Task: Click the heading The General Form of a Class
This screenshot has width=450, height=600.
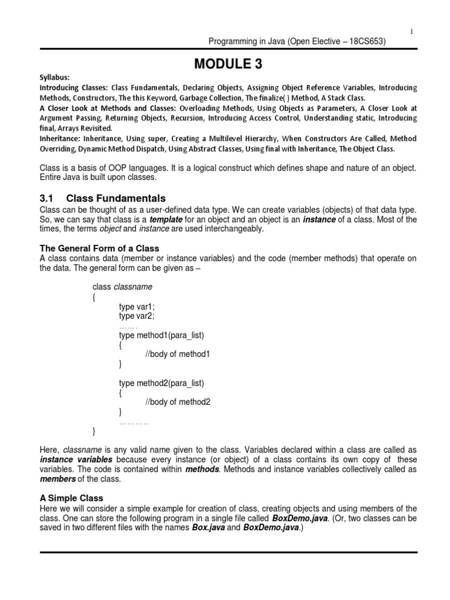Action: (x=99, y=248)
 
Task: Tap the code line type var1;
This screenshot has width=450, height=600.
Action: (x=137, y=306)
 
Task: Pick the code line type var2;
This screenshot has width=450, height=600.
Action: (x=137, y=316)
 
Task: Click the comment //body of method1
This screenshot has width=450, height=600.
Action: (x=177, y=354)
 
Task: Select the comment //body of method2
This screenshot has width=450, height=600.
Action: (x=177, y=402)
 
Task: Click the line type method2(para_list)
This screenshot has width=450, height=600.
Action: (x=161, y=383)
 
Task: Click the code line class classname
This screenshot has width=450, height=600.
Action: (x=122, y=287)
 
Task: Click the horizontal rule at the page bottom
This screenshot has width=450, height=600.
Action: (x=228, y=553)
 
